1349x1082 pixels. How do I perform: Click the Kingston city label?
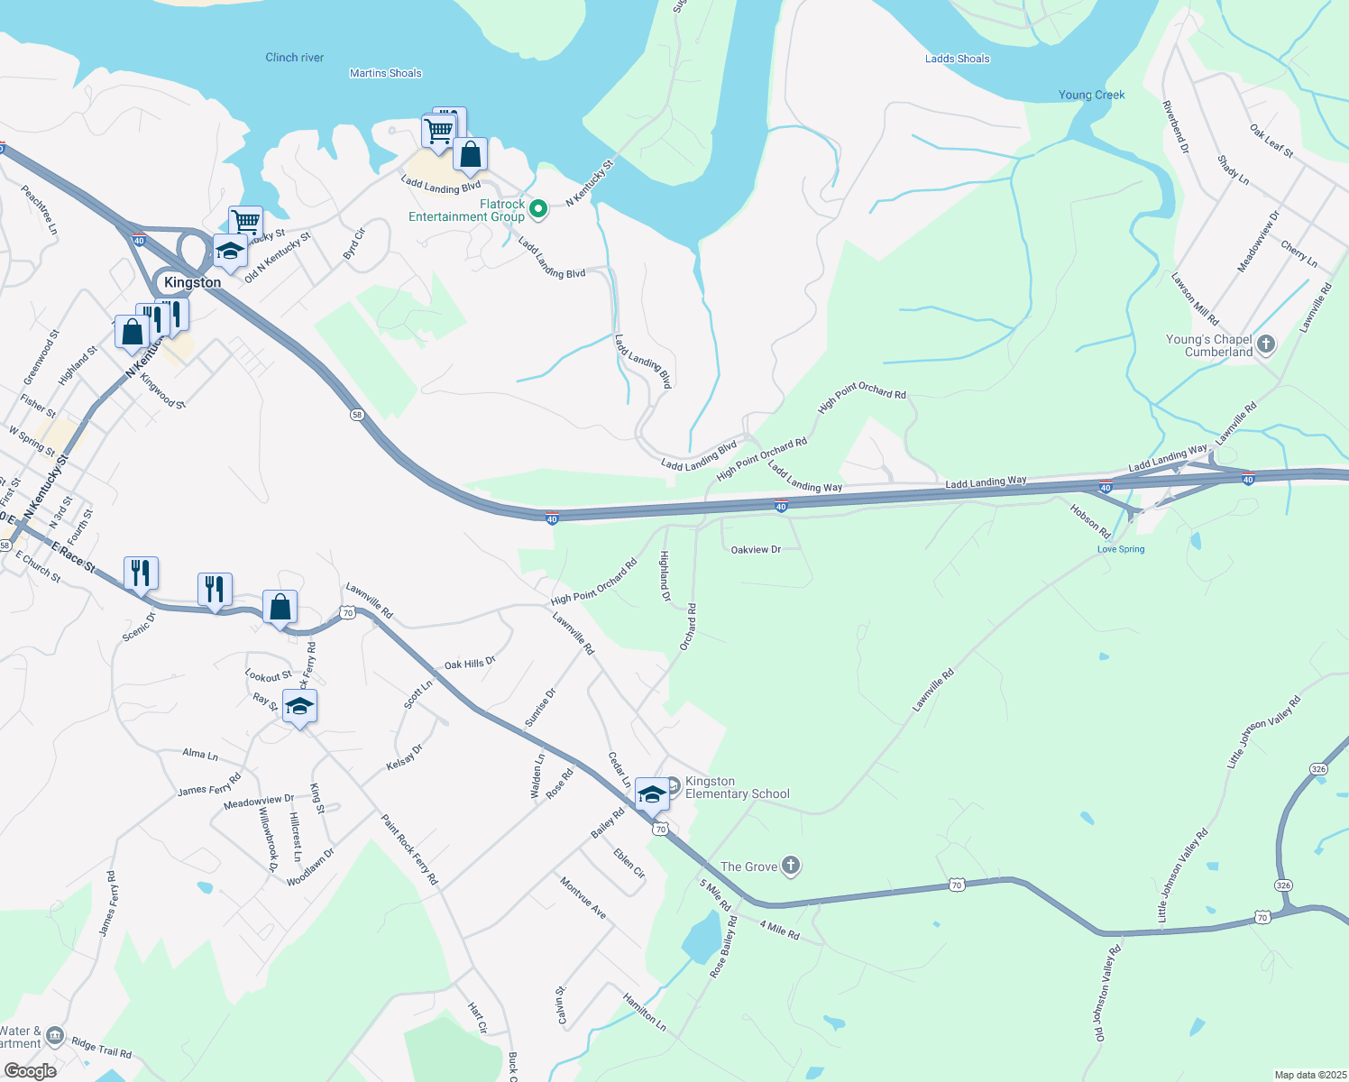(192, 282)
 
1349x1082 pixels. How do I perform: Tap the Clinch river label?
(294, 58)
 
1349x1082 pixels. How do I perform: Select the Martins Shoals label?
(385, 73)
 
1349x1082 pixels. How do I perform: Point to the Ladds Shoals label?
(957, 59)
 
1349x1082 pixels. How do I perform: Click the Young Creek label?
(1091, 95)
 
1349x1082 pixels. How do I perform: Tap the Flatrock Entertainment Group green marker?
(538, 209)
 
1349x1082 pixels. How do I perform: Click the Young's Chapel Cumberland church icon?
(1266, 344)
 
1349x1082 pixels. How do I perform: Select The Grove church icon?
(791, 867)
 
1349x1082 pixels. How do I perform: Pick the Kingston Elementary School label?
(737, 788)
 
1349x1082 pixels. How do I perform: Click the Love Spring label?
(1120, 549)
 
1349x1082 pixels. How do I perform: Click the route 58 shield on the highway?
(358, 415)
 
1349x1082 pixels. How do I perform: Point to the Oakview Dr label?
(756, 549)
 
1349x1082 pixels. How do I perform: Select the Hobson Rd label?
(1089, 517)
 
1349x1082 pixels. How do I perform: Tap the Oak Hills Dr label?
(470, 664)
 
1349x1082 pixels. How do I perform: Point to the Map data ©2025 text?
(1308, 1075)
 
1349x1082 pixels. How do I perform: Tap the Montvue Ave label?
(583, 897)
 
